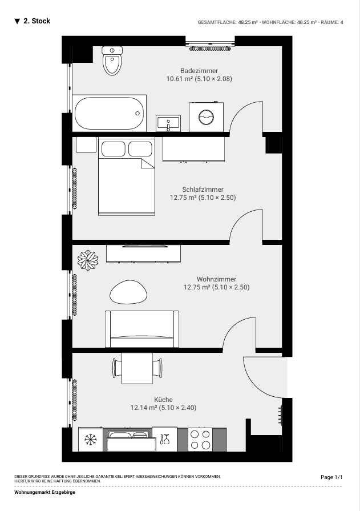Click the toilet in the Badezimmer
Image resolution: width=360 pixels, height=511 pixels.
point(112,61)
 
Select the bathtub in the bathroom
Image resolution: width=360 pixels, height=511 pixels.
point(109,114)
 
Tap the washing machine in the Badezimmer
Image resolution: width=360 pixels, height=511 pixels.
point(206,117)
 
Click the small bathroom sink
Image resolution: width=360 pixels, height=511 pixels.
point(168,123)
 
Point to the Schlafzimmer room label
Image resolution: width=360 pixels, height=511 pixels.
point(203,190)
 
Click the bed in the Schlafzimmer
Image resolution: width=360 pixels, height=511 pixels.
point(127,176)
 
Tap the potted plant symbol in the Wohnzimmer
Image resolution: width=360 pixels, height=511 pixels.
point(88,260)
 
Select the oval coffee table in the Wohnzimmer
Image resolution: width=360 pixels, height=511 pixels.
point(128,292)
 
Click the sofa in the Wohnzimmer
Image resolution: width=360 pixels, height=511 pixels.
point(142,329)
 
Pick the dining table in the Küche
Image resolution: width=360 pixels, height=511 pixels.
point(137,368)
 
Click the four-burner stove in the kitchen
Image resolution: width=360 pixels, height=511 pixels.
point(200,440)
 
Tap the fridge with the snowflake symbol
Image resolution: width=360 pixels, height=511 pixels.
point(91,439)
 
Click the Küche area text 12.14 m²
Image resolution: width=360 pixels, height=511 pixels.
point(144,408)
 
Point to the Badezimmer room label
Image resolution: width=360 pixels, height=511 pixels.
point(199,71)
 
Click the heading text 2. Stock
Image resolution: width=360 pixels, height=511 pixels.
point(37,21)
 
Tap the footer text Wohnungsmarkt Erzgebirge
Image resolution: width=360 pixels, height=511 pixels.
point(45,492)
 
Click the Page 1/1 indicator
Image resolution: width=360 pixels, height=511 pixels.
point(331,477)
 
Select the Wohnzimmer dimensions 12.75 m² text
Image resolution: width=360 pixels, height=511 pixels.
point(197,287)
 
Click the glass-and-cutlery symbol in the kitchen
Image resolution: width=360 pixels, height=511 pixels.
point(165,439)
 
